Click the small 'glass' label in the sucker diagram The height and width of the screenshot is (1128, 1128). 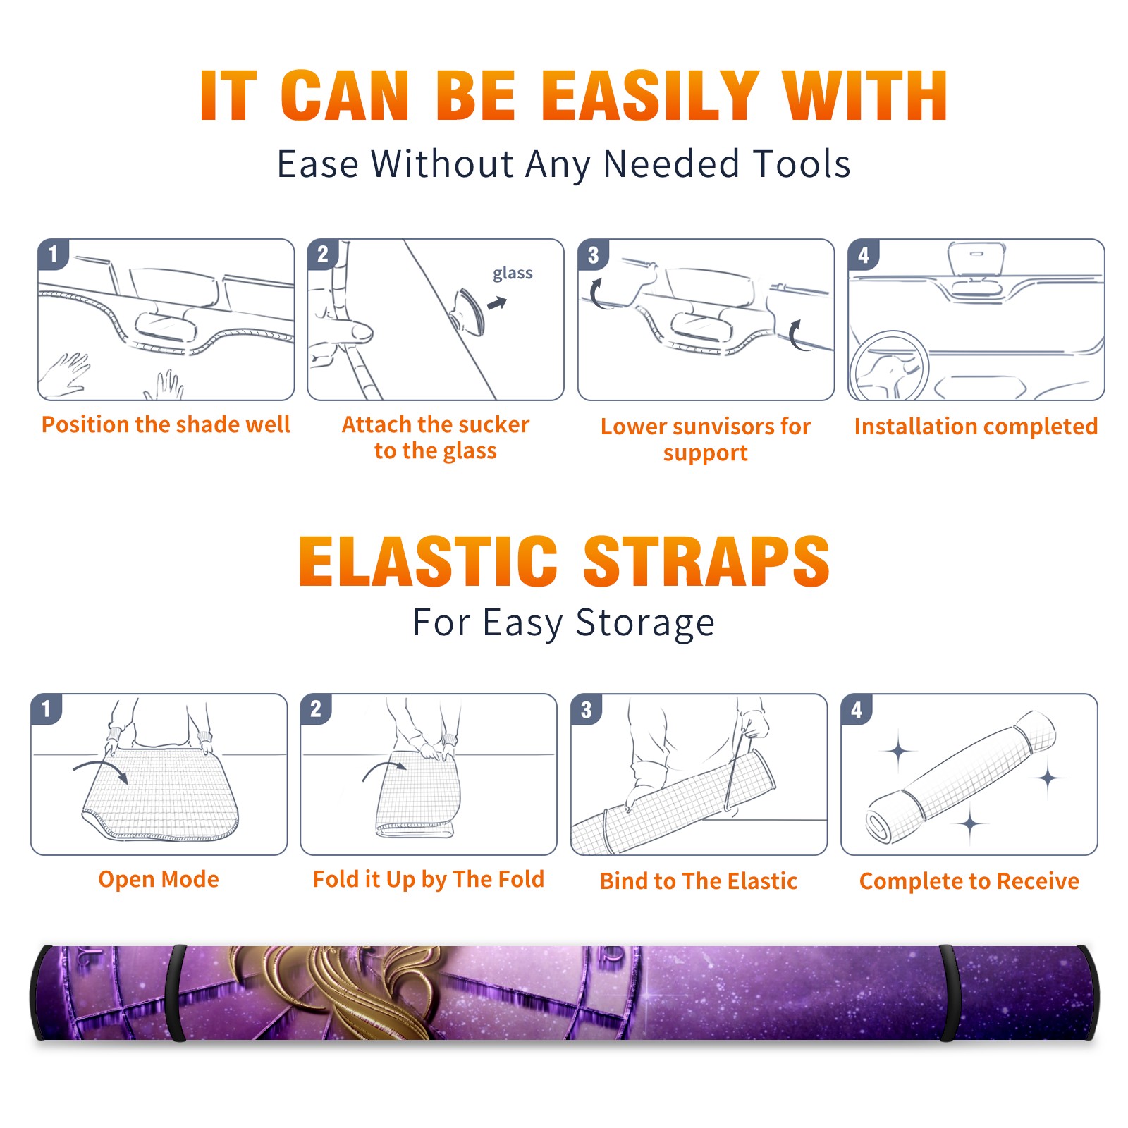click(513, 274)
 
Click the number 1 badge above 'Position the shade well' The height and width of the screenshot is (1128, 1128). click(54, 254)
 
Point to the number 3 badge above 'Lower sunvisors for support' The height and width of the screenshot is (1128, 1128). click(594, 254)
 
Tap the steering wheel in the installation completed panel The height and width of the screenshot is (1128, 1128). click(889, 367)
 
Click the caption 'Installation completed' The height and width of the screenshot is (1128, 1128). click(976, 426)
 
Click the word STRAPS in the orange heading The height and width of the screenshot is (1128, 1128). click(706, 561)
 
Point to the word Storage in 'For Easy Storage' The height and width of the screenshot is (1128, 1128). click(645, 623)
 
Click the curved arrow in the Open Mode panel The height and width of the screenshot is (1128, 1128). click(100, 768)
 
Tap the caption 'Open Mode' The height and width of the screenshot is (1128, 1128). click(159, 879)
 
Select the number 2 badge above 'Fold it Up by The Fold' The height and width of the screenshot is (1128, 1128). click(316, 709)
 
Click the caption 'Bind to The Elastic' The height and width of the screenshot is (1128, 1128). click(699, 881)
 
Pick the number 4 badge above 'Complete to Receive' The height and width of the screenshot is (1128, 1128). click(857, 709)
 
